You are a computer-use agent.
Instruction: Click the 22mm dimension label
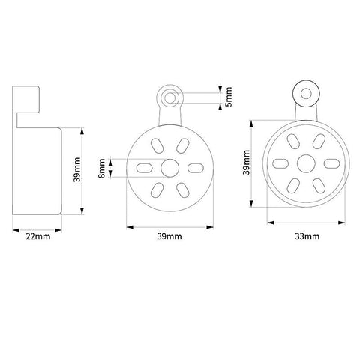coord(38,236)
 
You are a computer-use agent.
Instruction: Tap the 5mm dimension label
coord(229,97)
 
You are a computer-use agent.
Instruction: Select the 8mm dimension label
coord(102,168)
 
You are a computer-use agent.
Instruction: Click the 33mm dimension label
coord(307,236)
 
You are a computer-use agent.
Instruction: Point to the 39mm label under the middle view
coord(169,236)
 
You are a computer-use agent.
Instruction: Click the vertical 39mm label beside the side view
coord(77,169)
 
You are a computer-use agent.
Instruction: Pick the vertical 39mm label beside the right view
coord(247,162)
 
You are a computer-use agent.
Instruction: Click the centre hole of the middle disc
coord(170,168)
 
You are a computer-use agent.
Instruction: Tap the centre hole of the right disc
coord(306,163)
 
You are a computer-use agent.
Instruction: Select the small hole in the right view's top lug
coord(306,94)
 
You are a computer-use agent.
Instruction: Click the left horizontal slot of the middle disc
coord(144,168)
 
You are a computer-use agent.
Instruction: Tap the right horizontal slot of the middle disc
coord(196,168)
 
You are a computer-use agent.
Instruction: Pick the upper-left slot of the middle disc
coord(157,145)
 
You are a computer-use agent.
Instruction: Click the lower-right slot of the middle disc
coord(183,190)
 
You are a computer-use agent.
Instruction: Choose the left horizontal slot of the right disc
coord(280,163)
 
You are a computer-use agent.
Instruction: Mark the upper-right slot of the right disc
coord(319,142)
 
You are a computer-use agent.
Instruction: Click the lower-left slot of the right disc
coord(293,186)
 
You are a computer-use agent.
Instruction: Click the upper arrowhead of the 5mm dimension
coord(220,89)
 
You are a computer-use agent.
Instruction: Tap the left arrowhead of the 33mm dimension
coord(271,223)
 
